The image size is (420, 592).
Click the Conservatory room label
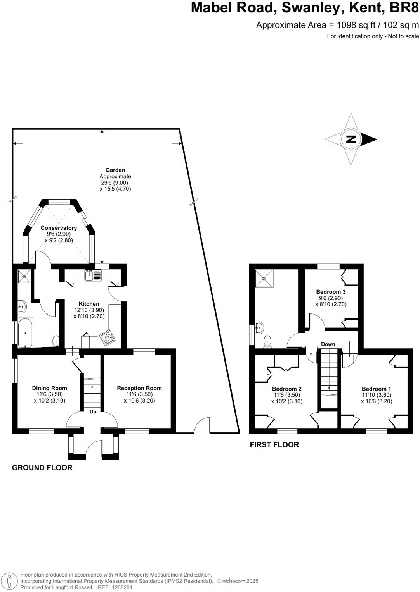(59, 228)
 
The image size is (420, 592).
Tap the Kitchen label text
(89, 304)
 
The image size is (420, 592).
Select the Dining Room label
(49, 388)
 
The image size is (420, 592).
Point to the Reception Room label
(139, 388)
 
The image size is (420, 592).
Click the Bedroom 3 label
(331, 292)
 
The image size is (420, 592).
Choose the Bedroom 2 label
(286, 389)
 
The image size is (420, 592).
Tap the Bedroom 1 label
(376, 389)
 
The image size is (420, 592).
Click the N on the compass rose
(351, 139)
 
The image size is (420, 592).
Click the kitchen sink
(93, 275)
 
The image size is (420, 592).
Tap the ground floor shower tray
(24, 276)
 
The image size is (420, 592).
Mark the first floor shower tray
(264, 278)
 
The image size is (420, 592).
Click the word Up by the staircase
(93, 412)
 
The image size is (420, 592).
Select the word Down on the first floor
(328, 344)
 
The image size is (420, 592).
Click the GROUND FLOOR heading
(42, 468)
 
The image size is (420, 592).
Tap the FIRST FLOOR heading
(274, 445)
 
